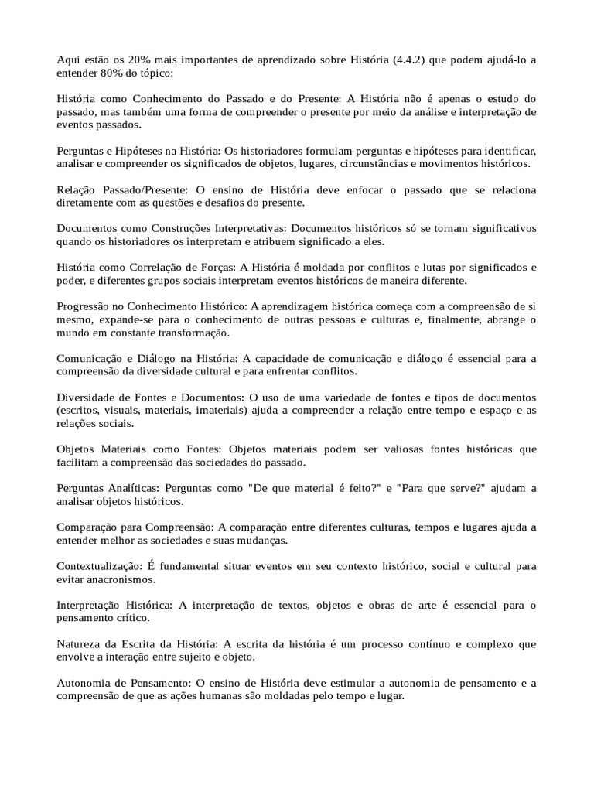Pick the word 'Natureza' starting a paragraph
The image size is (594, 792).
(x=80, y=644)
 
